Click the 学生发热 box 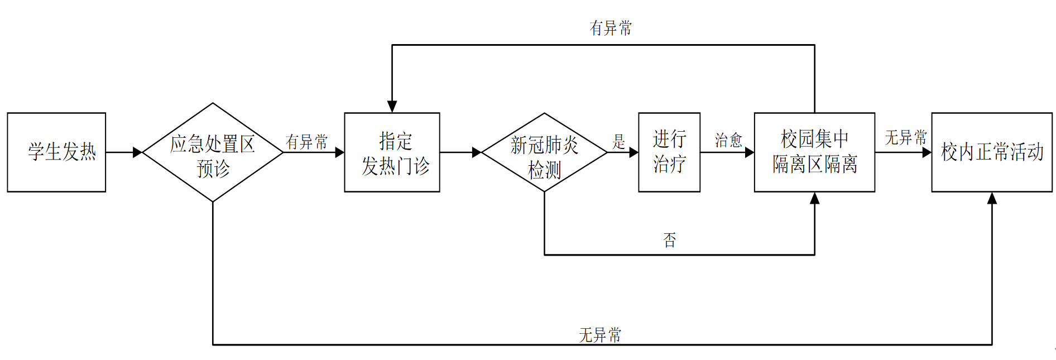56,152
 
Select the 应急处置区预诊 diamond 213,152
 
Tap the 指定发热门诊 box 392,152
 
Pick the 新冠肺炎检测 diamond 544,152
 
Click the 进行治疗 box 669,152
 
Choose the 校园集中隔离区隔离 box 814,152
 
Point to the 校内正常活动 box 992,152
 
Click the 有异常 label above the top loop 611,28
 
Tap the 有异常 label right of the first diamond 306,142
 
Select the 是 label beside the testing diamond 618,141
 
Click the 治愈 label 728,140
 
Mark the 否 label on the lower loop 669,241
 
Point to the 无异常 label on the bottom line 600,335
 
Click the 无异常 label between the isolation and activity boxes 905,137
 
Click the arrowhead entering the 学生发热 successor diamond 137,152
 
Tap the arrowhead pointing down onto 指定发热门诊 392,107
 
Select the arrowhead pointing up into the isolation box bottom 814,198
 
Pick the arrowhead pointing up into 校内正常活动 992,198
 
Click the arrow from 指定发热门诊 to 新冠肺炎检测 460,152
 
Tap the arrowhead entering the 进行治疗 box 633,152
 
